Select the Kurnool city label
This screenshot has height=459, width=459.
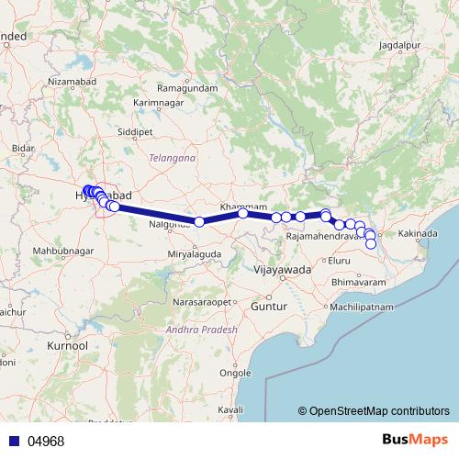pyautogui.click(x=67, y=346)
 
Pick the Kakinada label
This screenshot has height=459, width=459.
pyautogui.click(x=416, y=235)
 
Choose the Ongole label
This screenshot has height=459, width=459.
pyautogui.click(x=236, y=373)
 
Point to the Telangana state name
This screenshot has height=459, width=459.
pyautogui.click(x=174, y=159)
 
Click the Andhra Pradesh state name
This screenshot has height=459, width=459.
pyautogui.click(x=202, y=330)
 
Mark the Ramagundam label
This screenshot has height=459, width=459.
pyautogui.click(x=187, y=87)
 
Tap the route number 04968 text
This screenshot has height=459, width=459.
pyautogui.click(x=46, y=441)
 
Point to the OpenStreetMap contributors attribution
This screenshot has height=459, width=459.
pyautogui.click(x=380, y=411)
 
